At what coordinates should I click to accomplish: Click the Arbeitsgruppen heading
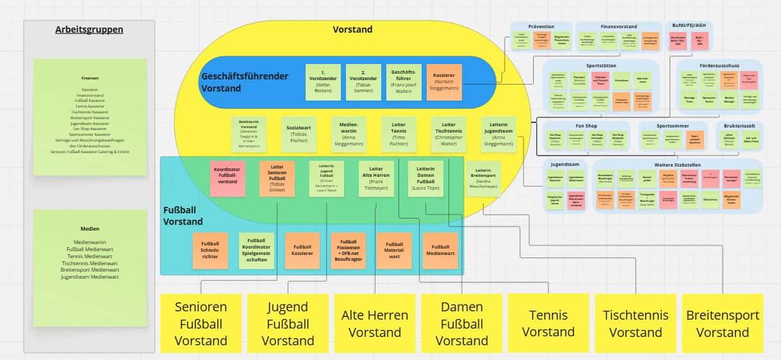click(x=89, y=29)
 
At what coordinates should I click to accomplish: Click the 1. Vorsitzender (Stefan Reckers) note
click(x=323, y=82)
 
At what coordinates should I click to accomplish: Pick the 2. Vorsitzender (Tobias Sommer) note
click(x=363, y=82)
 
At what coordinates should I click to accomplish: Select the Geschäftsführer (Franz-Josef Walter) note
click(x=404, y=82)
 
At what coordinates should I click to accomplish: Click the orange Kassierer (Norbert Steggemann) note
click(x=444, y=82)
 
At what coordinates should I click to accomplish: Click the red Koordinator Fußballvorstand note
click(x=227, y=179)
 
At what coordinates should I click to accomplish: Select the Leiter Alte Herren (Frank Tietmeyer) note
click(x=377, y=179)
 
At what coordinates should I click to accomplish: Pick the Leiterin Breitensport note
click(x=483, y=179)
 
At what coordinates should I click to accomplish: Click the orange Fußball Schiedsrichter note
click(x=210, y=250)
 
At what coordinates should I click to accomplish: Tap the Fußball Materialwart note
click(x=394, y=250)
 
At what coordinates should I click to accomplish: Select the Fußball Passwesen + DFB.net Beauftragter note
click(x=349, y=250)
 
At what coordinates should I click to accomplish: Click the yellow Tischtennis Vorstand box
click(x=636, y=323)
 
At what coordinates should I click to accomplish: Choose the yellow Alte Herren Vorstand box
click(x=375, y=323)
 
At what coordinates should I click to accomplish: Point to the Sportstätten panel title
click(x=601, y=65)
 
